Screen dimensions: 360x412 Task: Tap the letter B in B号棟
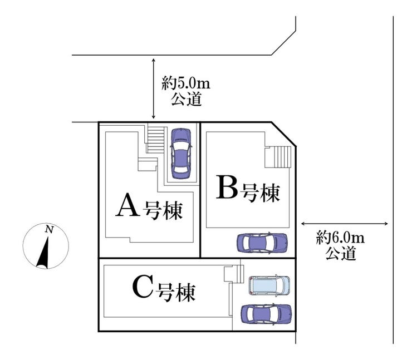point(227,189)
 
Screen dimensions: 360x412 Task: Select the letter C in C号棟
point(143,288)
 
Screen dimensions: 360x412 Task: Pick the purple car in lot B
point(262,243)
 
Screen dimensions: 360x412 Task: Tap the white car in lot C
point(269,285)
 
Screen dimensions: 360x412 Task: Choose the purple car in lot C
point(266,313)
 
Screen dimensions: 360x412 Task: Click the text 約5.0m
point(186,85)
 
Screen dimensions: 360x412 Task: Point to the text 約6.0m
point(340,239)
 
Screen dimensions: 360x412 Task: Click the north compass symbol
point(46,246)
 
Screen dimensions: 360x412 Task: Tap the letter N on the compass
point(49,229)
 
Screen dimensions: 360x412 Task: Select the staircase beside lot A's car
point(156,139)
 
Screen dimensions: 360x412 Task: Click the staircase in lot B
point(278,156)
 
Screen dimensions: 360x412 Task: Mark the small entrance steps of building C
point(233,274)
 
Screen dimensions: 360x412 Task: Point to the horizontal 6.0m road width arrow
point(344,224)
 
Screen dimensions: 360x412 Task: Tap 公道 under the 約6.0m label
point(340,254)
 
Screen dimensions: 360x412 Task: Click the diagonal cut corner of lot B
point(283,134)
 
